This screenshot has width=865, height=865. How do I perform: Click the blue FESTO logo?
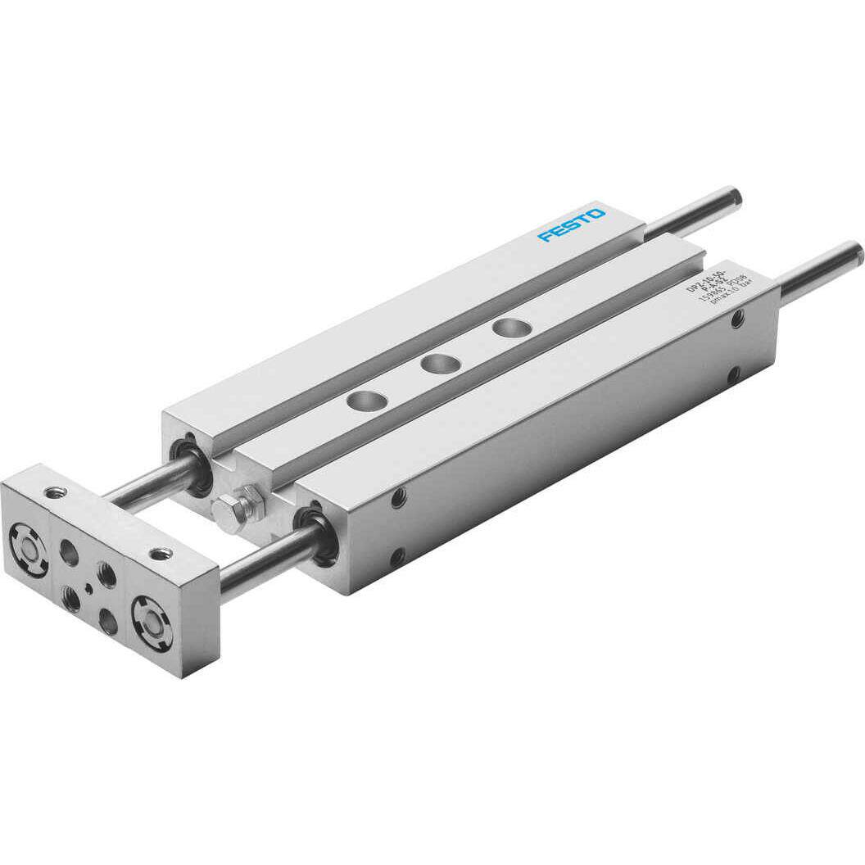click(x=572, y=224)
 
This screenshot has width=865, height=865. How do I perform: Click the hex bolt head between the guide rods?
click(x=227, y=513)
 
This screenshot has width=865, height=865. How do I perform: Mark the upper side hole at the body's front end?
click(x=398, y=496)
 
